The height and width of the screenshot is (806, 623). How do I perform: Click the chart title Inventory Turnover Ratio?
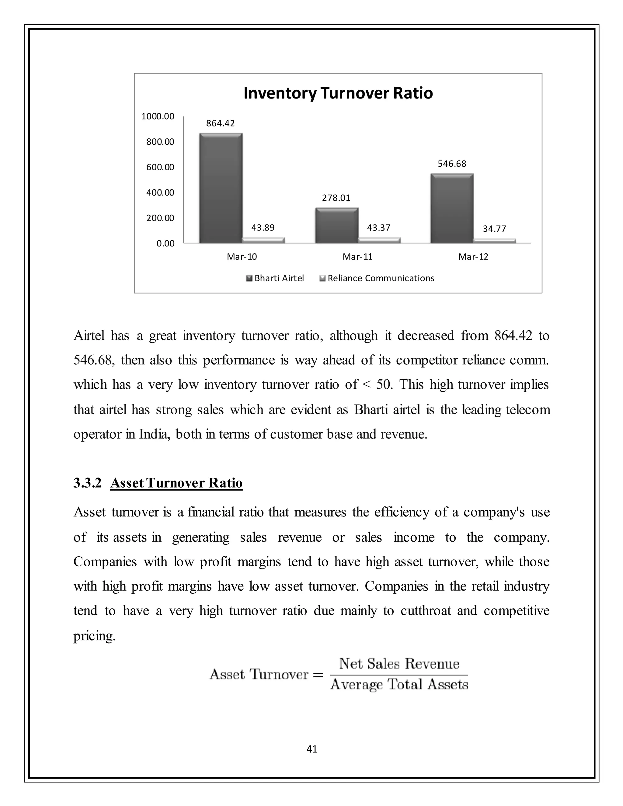338,93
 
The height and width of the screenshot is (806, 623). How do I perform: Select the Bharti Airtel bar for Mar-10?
221,188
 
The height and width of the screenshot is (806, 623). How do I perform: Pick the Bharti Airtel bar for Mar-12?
452,209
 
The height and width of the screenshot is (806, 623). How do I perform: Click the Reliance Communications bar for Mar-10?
263,240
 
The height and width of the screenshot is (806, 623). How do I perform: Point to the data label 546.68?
452,164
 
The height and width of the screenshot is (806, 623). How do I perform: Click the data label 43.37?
379,228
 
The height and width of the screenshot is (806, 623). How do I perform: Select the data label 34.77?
494,229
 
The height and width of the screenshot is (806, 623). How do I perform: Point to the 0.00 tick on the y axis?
165,244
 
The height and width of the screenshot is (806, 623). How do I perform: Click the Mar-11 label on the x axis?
357,257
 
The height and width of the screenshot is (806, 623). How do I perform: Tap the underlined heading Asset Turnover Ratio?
176,483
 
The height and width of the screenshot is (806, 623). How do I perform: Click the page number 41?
312,749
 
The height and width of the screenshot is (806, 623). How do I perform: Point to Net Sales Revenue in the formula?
399,664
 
